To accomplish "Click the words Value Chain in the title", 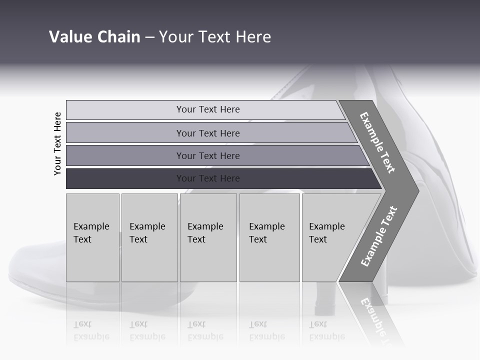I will coord(94,37).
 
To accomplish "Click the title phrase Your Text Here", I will coord(215,37).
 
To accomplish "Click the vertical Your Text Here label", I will coord(57,143).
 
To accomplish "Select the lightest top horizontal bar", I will coord(207,109).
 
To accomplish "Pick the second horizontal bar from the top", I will coord(207,133).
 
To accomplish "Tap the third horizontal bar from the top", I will coord(207,155).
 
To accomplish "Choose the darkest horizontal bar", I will coord(207,178).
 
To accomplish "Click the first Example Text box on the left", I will coord(92,237).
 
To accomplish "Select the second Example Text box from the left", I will coord(149,237).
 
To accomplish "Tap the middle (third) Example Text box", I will coord(207,237).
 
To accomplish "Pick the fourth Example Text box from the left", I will coord(269,237).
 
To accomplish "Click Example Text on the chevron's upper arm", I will coord(377,142).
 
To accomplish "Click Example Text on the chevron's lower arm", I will coord(379,236).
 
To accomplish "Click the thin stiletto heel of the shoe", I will coord(324,300).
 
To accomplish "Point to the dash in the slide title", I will coord(149,37).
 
